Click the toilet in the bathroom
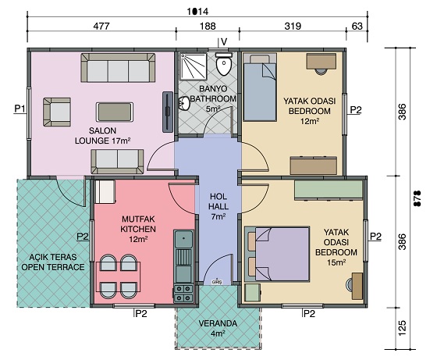tap(224, 64)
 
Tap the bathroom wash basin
tap(184, 103)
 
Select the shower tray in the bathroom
tap(193, 66)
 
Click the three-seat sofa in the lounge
tap(118, 68)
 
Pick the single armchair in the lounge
tap(57, 112)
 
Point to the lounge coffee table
tap(115, 112)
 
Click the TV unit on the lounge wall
tap(168, 112)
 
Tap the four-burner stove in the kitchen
tap(183, 294)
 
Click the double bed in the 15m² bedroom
tap(277, 254)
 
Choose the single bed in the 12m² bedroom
tap(260, 87)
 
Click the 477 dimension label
tap(101, 27)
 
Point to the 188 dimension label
tap(208, 27)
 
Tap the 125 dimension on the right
tap(401, 328)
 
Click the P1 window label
tap(20, 109)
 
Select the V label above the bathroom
tap(224, 42)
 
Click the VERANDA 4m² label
tap(218, 329)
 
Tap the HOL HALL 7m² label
tap(219, 207)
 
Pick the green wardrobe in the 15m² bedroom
tap(329, 190)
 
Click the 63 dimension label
tap(357, 27)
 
